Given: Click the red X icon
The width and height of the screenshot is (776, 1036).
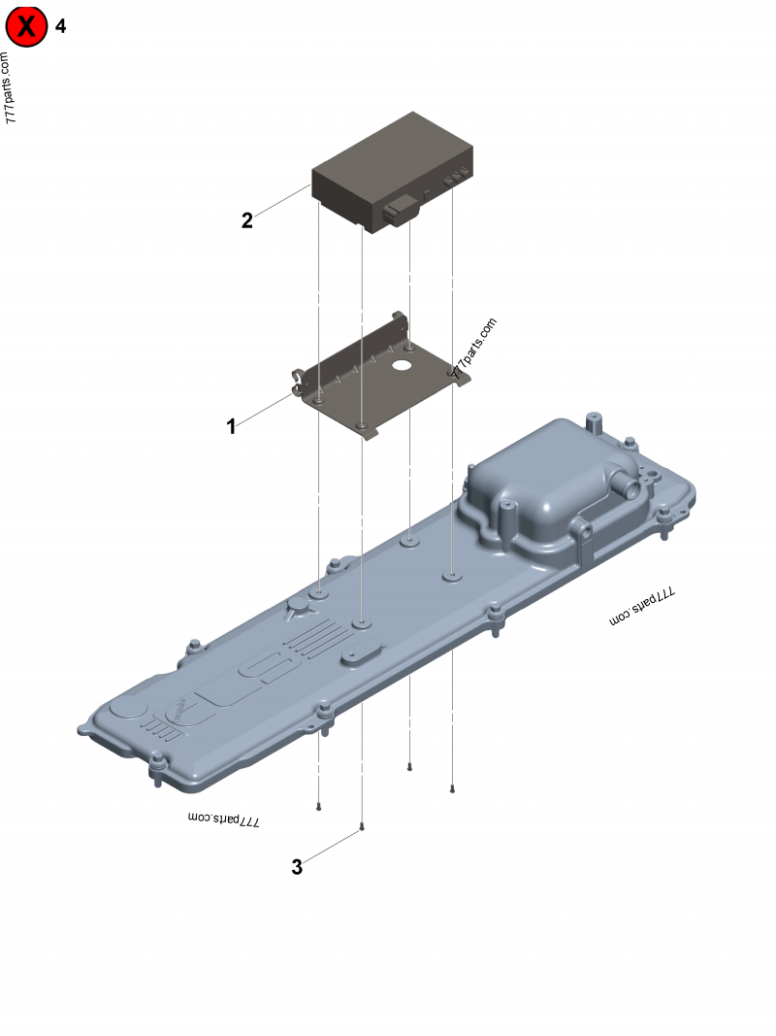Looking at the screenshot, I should (x=26, y=27).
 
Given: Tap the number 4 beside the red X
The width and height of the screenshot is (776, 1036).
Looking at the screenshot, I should (x=61, y=26).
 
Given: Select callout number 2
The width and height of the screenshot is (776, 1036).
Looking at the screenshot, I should (x=247, y=220).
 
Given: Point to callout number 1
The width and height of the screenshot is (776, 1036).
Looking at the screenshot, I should (x=231, y=425).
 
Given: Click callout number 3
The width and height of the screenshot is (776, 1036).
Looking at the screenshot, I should (x=297, y=867).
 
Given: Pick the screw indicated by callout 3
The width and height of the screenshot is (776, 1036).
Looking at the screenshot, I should (x=362, y=827).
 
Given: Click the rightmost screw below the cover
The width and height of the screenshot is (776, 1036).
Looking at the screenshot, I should (x=453, y=788).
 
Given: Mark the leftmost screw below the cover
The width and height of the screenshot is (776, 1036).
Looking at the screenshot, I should (x=319, y=805).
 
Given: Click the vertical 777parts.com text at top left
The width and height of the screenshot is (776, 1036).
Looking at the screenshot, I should (x=11, y=87).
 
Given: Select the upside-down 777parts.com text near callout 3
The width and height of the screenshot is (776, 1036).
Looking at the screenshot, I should (x=225, y=819).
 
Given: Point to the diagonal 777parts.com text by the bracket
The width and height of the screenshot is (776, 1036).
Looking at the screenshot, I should (x=475, y=348).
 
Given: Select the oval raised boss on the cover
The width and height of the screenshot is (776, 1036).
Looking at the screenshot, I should (x=361, y=657).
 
